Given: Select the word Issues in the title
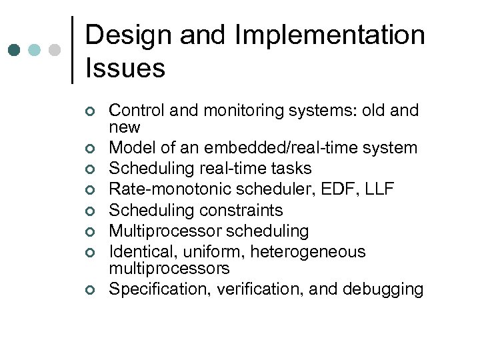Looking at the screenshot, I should pyautogui.click(x=125, y=68).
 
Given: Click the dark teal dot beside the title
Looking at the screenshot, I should pyautogui.click(x=15, y=50).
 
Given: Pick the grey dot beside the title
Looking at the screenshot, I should pyautogui.click(x=56, y=50).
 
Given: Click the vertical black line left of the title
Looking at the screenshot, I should pyautogui.click(x=71, y=50).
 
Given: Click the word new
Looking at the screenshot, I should pyautogui.click(x=125, y=127).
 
